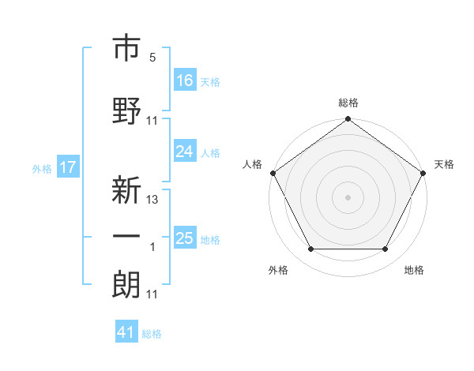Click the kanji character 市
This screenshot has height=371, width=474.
pos(127,49)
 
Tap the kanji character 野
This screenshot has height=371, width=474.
pos(127,111)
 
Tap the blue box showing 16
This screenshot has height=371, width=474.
pos(185,80)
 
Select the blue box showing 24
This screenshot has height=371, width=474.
pos(185,152)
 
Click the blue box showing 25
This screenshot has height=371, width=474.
pos(185,238)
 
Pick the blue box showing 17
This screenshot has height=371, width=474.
pos(68,167)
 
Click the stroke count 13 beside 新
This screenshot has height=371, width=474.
pos(152,200)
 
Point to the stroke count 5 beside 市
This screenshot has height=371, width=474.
pos(152,58)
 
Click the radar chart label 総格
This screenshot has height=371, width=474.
pos(348,103)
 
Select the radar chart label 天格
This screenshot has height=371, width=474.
pos(444,164)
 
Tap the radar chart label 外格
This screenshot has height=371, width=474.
pos(278,270)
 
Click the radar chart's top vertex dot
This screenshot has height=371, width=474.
pos(348,120)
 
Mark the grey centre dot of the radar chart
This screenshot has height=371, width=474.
pos(348,197)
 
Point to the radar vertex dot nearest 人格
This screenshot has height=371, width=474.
pos(273,173)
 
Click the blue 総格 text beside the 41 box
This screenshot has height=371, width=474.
pos(152,334)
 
